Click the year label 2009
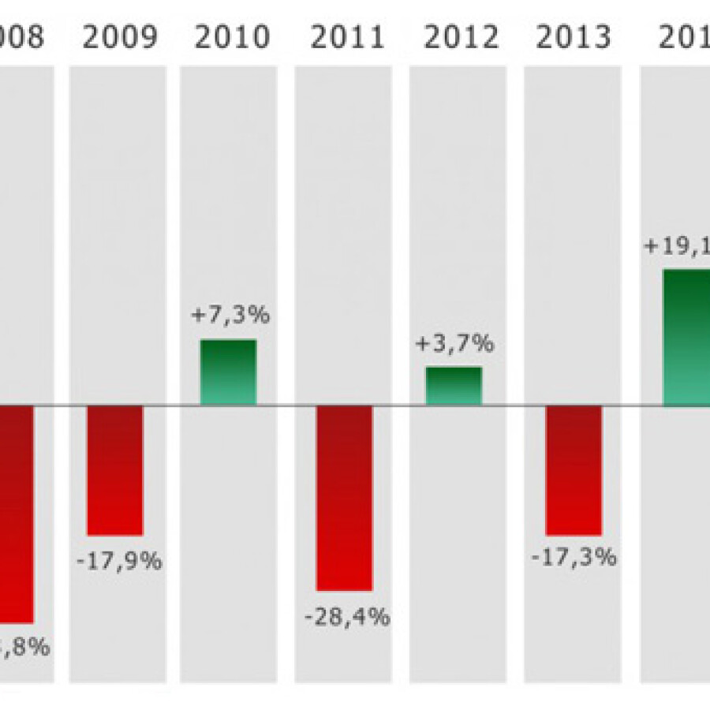(x=120, y=38)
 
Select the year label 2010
(x=232, y=38)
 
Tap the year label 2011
(x=348, y=38)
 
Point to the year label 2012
(x=461, y=38)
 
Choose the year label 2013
(x=574, y=38)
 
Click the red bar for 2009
(x=115, y=470)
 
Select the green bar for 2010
(x=228, y=372)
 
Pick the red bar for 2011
(x=344, y=498)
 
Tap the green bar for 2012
(x=454, y=386)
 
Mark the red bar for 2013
(x=574, y=470)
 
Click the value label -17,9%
(x=119, y=562)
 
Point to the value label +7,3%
(x=230, y=316)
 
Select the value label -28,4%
(x=347, y=616)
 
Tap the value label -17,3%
(x=574, y=558)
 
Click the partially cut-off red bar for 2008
(x=17, y=514)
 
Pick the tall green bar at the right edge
(x=686, y=338)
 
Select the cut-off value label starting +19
(x=677, y=245)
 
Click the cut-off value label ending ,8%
(x=24, y=648)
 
